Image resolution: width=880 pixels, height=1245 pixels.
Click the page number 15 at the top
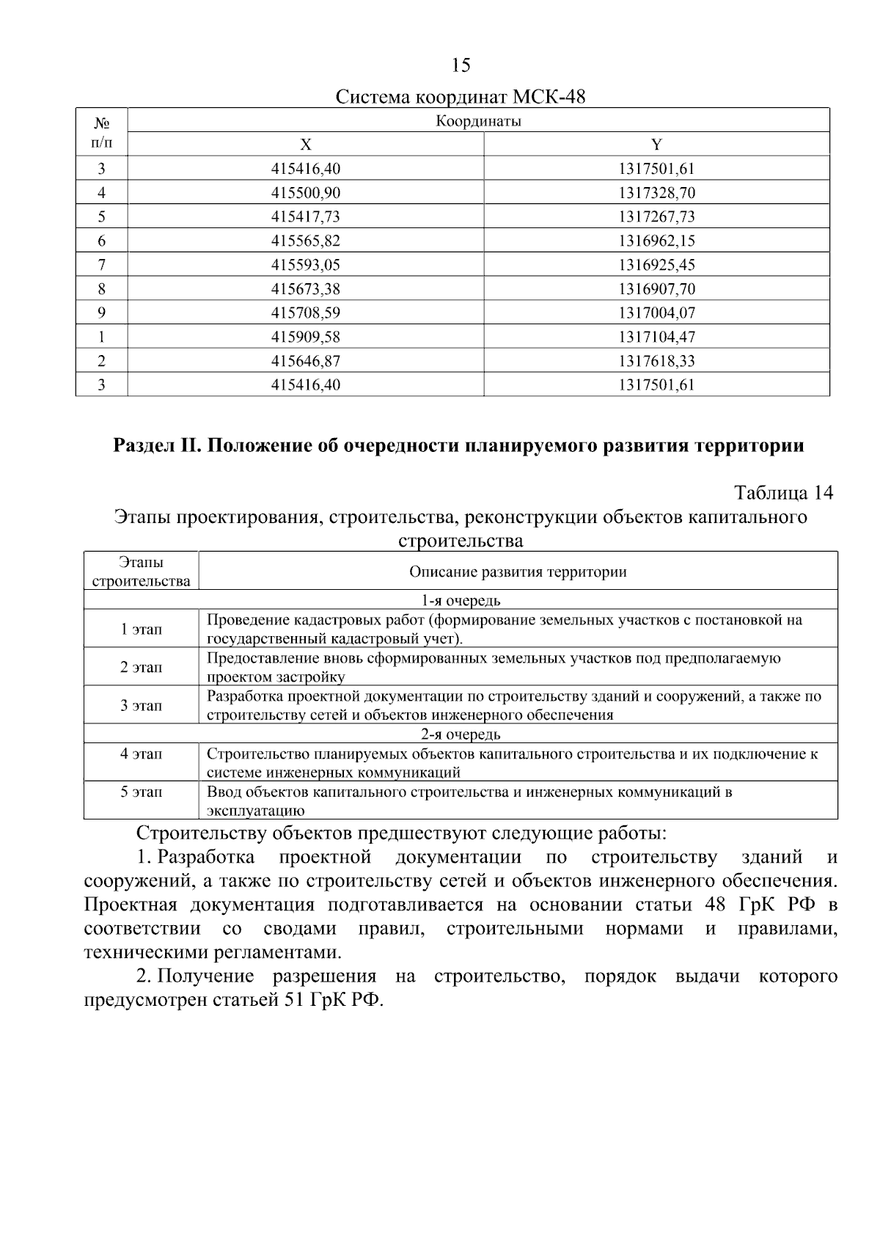coord(461,66)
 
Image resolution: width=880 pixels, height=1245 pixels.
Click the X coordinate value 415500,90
coord(306,193)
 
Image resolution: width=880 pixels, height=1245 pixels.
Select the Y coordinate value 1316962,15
coord(656,241)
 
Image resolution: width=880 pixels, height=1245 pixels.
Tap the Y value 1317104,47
coord(656,337)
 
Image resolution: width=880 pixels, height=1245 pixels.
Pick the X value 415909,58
coord(306,337)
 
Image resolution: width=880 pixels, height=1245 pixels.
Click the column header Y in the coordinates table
coord(656,145)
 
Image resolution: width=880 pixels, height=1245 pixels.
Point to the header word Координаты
coord(478,121)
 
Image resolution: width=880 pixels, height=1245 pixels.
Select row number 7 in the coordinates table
coord(101,265)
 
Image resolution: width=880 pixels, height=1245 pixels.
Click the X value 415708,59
coord(306,313)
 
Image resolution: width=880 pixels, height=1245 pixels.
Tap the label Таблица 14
coord(783,492)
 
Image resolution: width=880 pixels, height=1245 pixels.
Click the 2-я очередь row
coord(461,734)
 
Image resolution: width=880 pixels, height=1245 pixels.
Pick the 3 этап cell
coord(141,706)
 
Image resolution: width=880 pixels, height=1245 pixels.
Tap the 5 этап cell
coord(141,792)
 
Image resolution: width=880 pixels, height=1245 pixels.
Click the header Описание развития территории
coord(518,572)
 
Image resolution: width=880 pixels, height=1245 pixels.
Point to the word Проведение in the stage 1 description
coord(242,620)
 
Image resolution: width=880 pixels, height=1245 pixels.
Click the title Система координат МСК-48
coord(461,97)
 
